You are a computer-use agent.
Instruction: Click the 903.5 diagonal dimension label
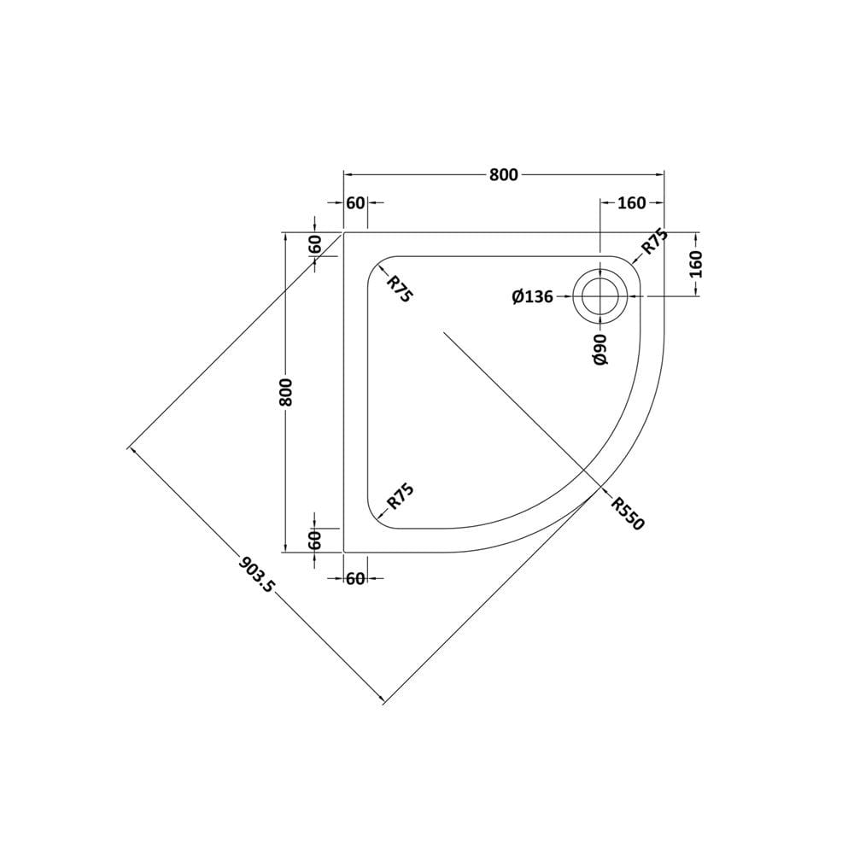pos(258,574)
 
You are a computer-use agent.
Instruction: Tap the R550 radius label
pos(628,513)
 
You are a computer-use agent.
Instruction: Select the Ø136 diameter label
pos(532,297)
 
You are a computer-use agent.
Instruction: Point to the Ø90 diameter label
pos(600,349)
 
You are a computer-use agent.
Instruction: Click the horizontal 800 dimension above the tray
pos(504,175)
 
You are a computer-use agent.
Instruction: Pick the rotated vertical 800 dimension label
pos(285,392)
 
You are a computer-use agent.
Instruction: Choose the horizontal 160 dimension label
pos(631,203)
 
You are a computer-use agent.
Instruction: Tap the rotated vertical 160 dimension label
pos(696,264)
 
